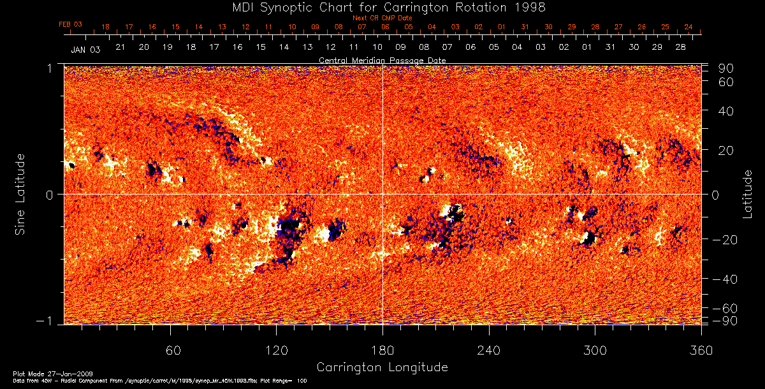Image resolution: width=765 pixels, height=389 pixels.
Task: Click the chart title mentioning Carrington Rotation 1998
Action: coord(382,7)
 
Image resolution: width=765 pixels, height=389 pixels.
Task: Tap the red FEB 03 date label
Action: coord(71,24)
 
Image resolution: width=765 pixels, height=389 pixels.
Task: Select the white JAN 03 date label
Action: coord(85,49)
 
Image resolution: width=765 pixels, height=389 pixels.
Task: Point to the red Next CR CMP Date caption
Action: coord(382,18)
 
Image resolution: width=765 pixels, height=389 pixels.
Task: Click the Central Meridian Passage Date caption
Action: coord(382,60)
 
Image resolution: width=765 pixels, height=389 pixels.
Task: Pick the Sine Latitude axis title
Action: coord(20,193)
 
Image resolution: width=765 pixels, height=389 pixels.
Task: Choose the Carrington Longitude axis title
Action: coord(382,367)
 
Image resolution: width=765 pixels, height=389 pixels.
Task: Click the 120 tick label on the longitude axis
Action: coord(277,351)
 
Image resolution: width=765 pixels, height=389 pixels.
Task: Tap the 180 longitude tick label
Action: coord(382,351)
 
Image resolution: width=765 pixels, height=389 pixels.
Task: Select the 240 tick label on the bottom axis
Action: coord(489,351)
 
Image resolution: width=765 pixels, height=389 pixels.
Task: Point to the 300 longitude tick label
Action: coord(595,351)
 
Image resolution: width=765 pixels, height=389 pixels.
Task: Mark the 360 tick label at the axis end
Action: coord(701,351)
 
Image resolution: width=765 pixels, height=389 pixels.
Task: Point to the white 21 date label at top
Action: coord(120,48)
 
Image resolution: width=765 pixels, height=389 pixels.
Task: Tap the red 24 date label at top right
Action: coord(688,27)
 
